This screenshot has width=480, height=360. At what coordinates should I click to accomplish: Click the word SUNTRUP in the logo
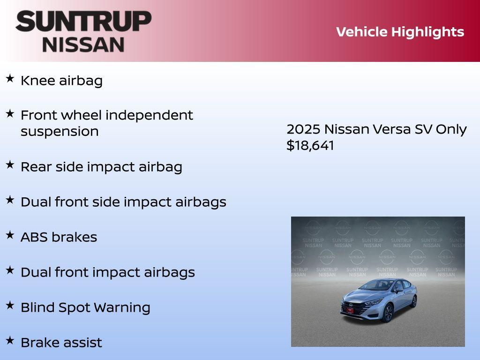point(83,22)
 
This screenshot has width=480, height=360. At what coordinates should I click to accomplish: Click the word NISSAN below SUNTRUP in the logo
point(83,44)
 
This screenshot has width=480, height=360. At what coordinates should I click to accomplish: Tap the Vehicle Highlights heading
point(400,32)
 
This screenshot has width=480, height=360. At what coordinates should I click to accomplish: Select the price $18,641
point(310,145)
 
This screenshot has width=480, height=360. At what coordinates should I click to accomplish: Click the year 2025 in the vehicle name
point(303,129)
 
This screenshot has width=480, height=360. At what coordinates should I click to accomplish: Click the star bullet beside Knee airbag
point(10,78)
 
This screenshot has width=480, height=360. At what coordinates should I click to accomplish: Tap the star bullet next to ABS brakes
point(10,235)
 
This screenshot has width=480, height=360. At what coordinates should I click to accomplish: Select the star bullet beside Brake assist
point(10,340)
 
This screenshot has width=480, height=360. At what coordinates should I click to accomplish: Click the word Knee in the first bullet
point(37,81)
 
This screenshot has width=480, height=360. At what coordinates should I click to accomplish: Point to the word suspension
point(60,132)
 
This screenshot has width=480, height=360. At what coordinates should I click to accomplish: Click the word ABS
point(34,237)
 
